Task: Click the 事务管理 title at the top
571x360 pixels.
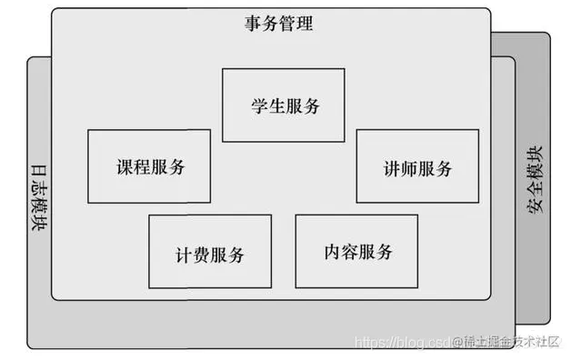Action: (278, 25)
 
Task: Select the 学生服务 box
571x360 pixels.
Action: (285, 105)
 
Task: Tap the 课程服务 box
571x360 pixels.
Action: (149, 167)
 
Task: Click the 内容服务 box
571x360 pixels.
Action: (357, 252)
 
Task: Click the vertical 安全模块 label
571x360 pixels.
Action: (534, 178)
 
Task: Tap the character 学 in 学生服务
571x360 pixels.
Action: (257, 105)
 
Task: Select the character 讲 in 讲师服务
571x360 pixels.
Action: (392, 168)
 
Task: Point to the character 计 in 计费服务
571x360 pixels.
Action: (184, 254)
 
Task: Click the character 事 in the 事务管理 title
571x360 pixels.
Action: (253, 25)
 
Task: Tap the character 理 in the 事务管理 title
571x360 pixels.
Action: (305, 25)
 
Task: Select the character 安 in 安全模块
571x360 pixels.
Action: (534, 205)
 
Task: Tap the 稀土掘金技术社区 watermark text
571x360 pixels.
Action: (510, 341)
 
